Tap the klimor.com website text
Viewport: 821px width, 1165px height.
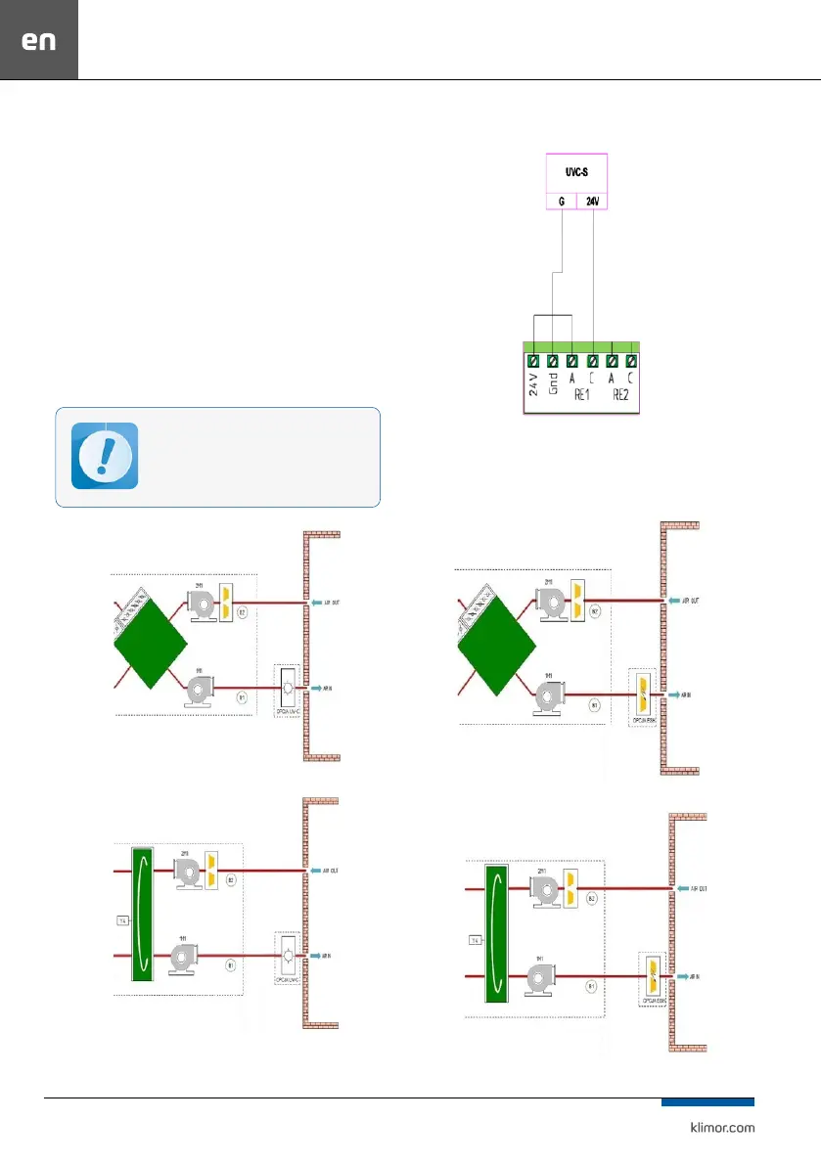click(x=717, y=1126)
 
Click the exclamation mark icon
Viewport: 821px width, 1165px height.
click(x=105, y=456)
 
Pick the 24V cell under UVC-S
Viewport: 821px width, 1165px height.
click(x=592, y=202)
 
